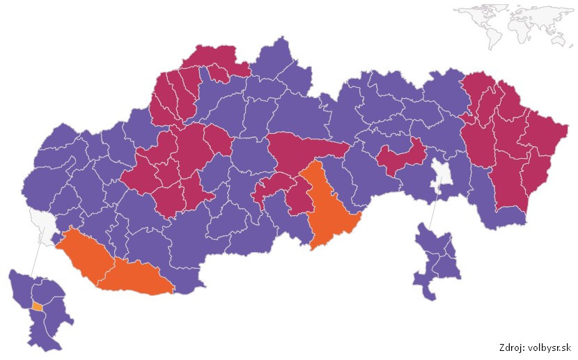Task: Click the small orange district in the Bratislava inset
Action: point(36,306)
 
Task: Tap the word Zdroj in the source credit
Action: point(513,348)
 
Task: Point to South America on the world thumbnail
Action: point(490,34)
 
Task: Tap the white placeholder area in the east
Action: point(440,176)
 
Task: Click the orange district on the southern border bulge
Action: point(136,277)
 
